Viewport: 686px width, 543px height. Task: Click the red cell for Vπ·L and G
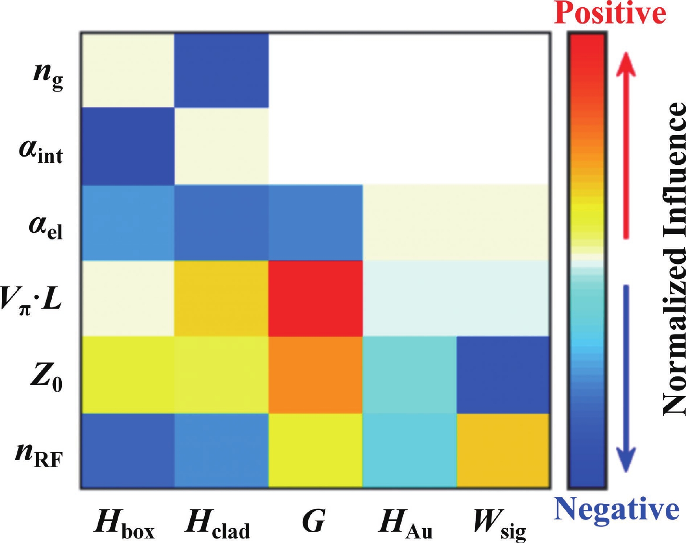(x=315, y=298)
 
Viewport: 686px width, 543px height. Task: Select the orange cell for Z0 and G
(x=315, y=374)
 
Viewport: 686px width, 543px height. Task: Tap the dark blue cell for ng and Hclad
(x=221, y=70)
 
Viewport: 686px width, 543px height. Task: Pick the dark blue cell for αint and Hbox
(x=127, y=146)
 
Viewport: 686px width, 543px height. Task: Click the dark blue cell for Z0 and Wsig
(x=504, y=374)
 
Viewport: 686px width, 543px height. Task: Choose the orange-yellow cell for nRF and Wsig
(x=504, y=450)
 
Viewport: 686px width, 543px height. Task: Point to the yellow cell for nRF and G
(x=315, y=450)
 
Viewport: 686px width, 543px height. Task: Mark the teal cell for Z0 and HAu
(x=409, y=374)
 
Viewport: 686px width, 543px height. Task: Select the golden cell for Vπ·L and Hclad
(x=221, y=298)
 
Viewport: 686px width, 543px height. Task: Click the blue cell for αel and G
(x=315, y=222)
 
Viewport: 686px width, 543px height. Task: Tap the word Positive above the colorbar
(x=610, y=13)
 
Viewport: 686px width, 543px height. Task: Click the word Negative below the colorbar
(x=616, y=509)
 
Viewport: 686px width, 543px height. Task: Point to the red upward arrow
(x=626, y=144)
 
